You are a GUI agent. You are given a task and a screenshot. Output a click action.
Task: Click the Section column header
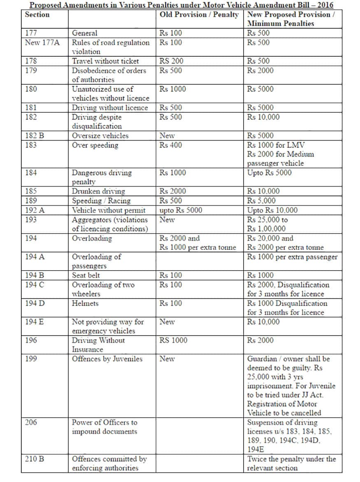tap(37, 15)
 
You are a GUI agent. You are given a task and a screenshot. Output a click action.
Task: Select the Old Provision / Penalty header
tap(199, 15)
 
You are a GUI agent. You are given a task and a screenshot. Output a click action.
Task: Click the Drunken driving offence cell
tap(98, 191)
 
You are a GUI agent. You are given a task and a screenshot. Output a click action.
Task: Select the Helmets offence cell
tap(85, 304)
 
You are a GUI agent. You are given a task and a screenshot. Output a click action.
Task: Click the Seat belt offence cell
tap(86, 276)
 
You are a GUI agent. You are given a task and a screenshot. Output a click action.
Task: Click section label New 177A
tap(42, 42)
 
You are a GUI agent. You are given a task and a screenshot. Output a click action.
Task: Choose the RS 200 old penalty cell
tap(172, 61)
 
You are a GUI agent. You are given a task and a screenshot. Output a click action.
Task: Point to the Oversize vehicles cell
tap(100, 136)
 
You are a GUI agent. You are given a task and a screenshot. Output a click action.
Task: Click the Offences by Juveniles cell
tap(107, 359)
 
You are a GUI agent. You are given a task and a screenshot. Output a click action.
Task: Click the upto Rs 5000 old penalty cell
tap(181, 210)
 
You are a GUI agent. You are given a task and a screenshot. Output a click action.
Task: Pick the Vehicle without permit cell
tap(109, 210)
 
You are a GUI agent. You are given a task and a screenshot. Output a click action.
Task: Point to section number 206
tap(31, 422)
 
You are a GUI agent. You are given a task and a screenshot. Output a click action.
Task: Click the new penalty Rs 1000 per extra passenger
tap(292, 257)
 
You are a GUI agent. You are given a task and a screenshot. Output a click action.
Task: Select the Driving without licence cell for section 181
tap(110, 108)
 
